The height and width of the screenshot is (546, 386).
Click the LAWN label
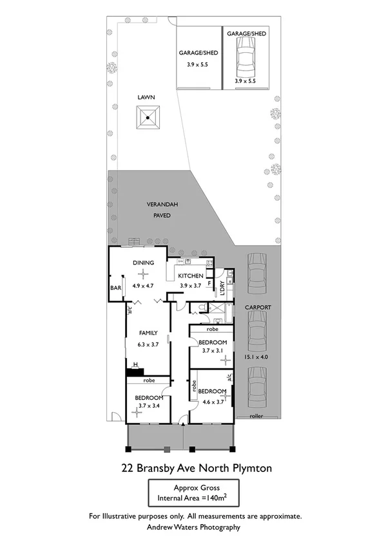(x=147, y=97)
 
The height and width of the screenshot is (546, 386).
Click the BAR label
(x=117, y=288)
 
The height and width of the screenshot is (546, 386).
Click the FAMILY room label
(x=148, y=333)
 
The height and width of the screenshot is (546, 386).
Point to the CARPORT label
(x=257, y=307)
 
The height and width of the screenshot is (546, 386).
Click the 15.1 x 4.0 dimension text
(x=257, y=357)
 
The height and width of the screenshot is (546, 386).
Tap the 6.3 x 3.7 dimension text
(x=148, y=344)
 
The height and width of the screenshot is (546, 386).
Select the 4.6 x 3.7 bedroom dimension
(x=212, y=402)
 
